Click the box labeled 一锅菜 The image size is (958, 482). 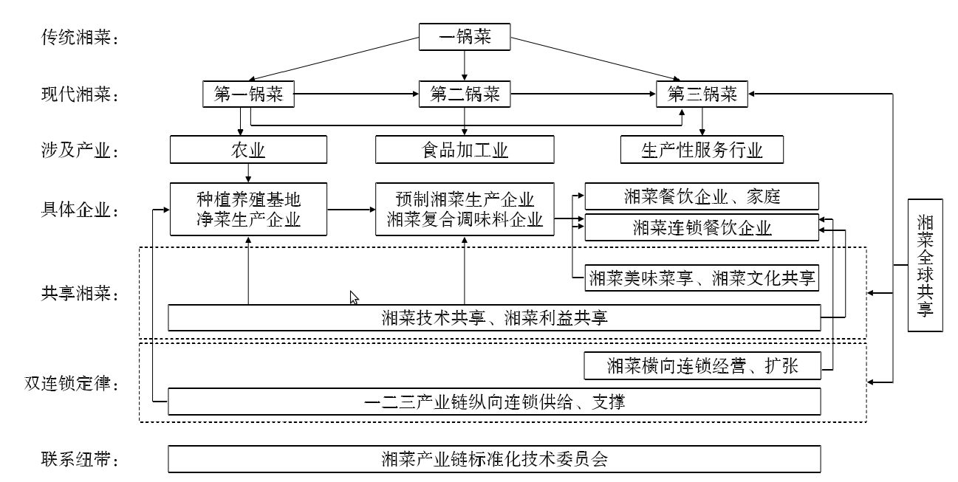(x=465, y=38)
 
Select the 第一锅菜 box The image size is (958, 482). (x=248, y=94)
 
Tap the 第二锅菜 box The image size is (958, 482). (x=465, y=94)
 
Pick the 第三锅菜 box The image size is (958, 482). (x=702, y=94)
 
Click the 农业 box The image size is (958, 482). (x=248, y=151)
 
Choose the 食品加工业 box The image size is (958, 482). (x=465, y=151)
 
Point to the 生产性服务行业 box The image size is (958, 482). (x=702, y=151)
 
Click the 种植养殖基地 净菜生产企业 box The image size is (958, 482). (x=248, y=209)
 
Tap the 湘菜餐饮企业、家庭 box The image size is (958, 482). (x=702, y=196)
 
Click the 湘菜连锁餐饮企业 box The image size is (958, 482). (x=702, y=227)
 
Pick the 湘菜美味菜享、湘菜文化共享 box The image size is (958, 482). (x=702, y=278)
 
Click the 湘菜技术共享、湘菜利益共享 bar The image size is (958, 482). (x=494, y=318)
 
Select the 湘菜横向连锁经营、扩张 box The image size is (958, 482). (x=702, y=365)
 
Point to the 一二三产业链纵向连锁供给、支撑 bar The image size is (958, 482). (x=494, y=402)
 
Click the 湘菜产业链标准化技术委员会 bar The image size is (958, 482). (x=494, y=459)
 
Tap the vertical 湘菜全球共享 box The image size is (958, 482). (x=926, y=265)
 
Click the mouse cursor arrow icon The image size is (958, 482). (x=354, y=297)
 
